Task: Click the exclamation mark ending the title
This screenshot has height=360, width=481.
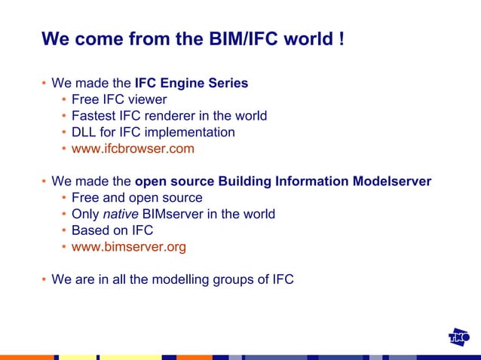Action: click(342, 38)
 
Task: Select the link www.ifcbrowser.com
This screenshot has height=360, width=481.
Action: click(133, 148)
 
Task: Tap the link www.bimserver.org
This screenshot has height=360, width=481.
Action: click(129, 246)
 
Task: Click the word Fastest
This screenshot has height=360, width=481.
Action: click(95, 116)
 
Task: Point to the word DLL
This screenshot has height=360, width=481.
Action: click(84, 133)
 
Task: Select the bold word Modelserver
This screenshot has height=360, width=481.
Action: click(392, 182)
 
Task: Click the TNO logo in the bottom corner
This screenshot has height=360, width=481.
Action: click(459, 338)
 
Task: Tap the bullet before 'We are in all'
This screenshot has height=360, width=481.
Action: click(44, 280)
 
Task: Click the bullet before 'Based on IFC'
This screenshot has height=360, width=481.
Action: click(64, 230)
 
